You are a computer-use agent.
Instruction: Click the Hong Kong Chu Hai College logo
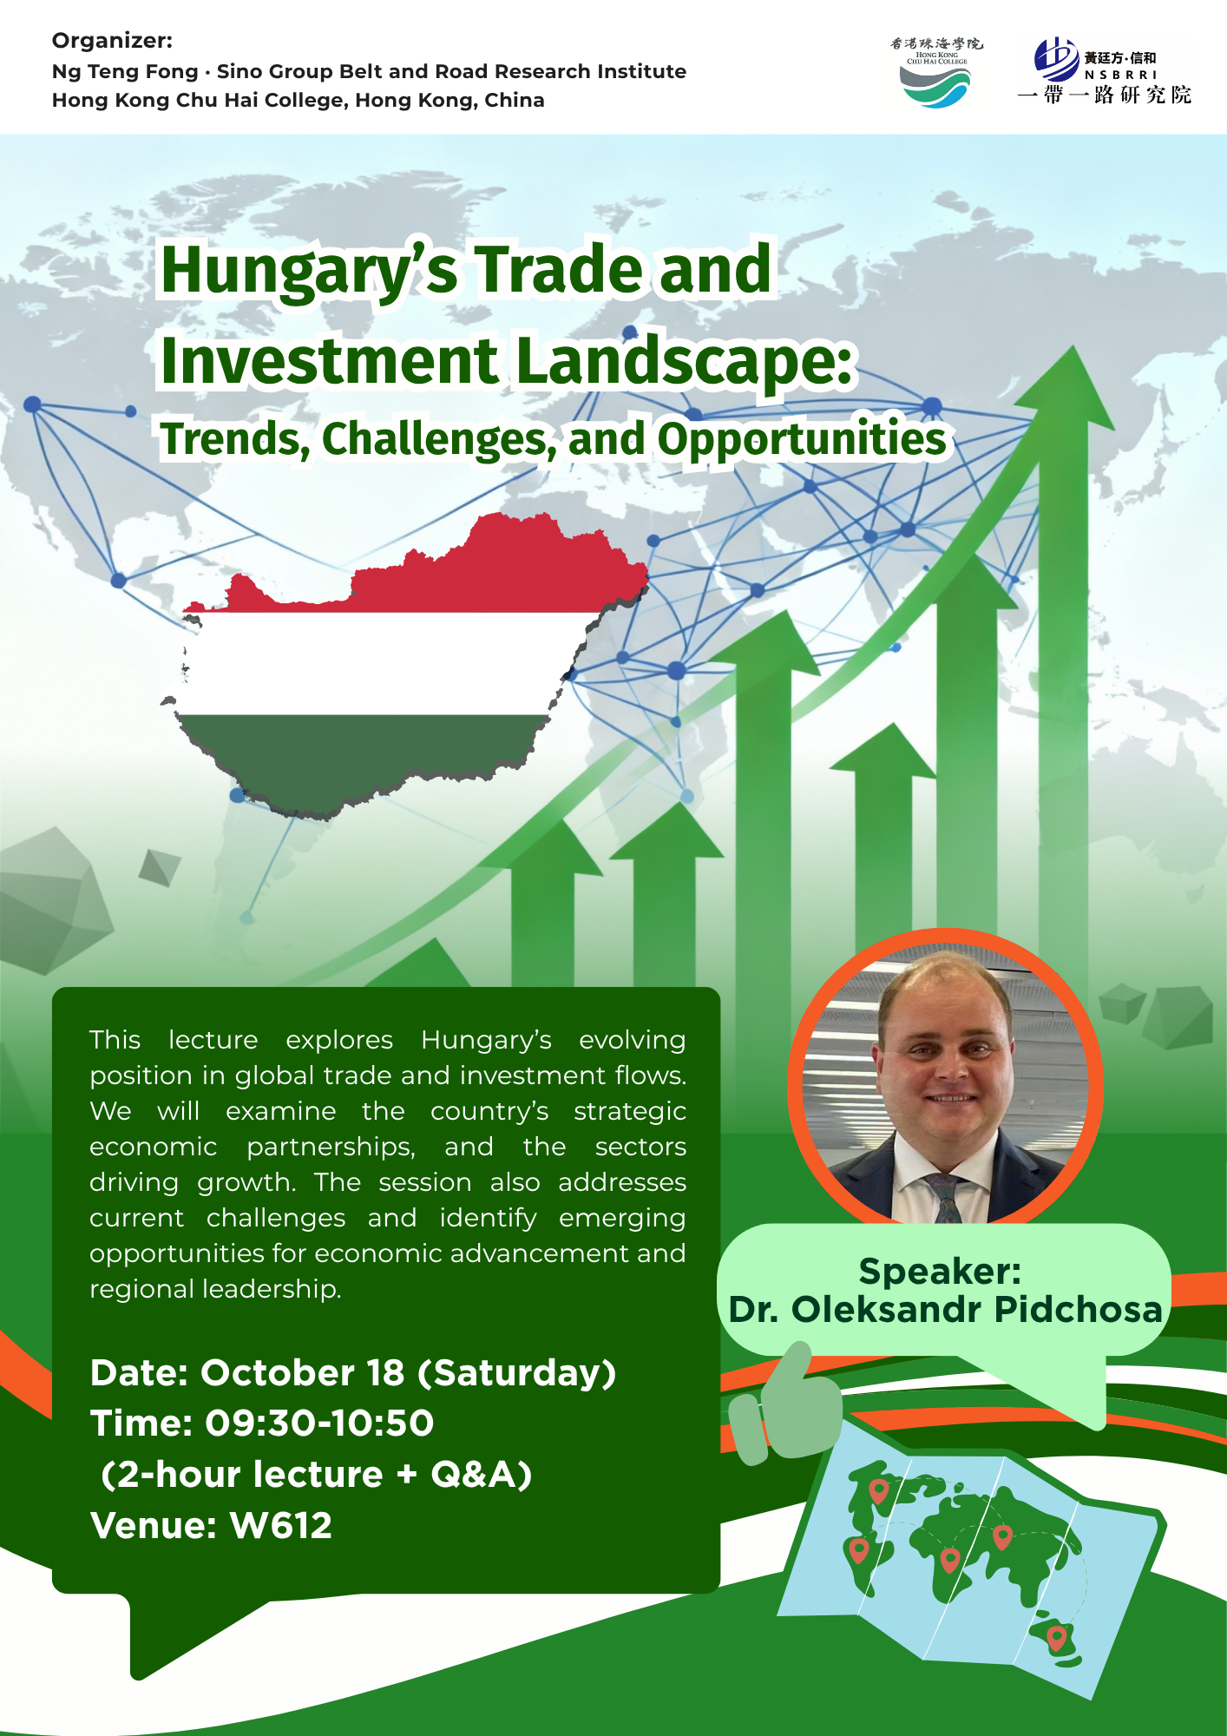(935, 73)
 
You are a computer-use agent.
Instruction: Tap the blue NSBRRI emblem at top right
(1056, 59)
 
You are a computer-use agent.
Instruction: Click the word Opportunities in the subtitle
(801, 438)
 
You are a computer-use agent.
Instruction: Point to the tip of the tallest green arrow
(1074, 347)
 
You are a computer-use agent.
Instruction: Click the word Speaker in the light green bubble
(939, 1272)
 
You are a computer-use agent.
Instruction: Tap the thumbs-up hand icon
(785, 1403)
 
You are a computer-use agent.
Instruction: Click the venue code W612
(281, 1525)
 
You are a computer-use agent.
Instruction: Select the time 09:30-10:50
(319, 1424)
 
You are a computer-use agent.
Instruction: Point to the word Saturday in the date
(517, 1374)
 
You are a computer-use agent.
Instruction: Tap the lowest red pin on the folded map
(1056, 1639)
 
